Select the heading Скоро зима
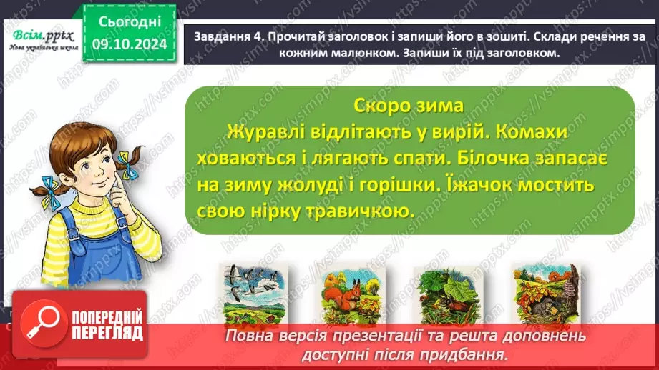409,105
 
